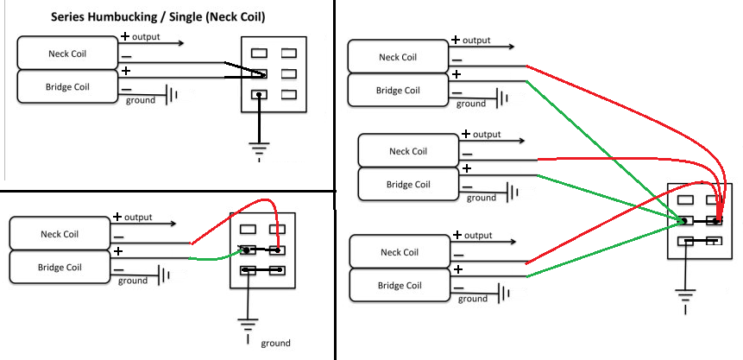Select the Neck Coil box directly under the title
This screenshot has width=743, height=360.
click(67, 54)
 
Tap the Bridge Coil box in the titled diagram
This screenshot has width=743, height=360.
click(67, 87)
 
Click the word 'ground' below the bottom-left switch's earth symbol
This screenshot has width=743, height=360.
click(276, 343)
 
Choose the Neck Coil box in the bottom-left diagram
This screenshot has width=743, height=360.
click(60, 234)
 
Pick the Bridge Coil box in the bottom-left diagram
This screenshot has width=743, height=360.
click(59, 267)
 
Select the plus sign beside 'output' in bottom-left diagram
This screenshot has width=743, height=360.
click(117, 217)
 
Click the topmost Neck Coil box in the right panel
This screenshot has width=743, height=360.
click(398, 57)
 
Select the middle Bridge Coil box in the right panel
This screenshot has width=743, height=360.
click(408, 184)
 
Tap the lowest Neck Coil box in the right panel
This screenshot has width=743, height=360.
click(400, 252)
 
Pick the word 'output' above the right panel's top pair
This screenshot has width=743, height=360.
click(476, 41)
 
